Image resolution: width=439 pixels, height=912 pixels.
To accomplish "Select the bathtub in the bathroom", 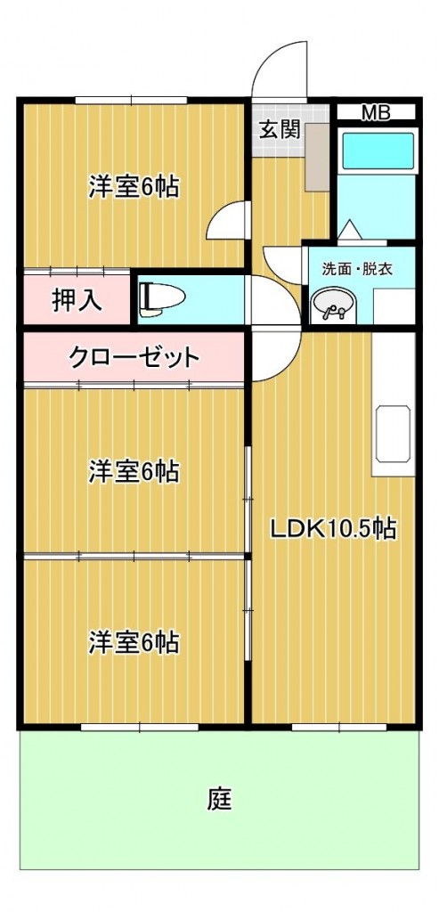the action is pyautogui.click(x=378, y=151).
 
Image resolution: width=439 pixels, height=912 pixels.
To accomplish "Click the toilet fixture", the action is pyautogui.click(x=161, y=297).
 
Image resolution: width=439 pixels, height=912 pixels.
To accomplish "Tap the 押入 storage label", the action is pyautogui.click(x=77, y=299).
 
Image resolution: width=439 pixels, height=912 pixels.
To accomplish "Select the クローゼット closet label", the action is pyautogui.click(x=134, y=356).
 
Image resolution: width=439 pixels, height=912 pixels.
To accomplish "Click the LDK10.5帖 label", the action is pyautogui.click(x=333, y=528).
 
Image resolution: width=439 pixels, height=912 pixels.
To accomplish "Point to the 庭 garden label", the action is pyautogui.click(x=220, y=799).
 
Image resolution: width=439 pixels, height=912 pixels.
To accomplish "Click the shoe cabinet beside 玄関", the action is pyautogui.click(x=318, y=157).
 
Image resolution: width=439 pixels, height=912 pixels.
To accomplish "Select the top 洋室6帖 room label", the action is pyautogui.click(x=134, y=187).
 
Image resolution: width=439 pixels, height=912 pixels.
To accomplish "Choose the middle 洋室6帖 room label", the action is pyautogui.click(x=134, y=472).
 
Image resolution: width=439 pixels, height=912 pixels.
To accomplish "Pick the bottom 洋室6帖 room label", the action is pyautogui.click(x=134, y=643).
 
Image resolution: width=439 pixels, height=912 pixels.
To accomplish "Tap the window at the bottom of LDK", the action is pyautogui.click(x=339, y=727).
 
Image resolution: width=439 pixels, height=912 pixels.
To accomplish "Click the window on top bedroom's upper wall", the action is pyautogui.click(x=131, y=100).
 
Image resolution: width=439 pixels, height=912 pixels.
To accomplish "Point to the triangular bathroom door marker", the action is pyautogui.click(x=349, y=231).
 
